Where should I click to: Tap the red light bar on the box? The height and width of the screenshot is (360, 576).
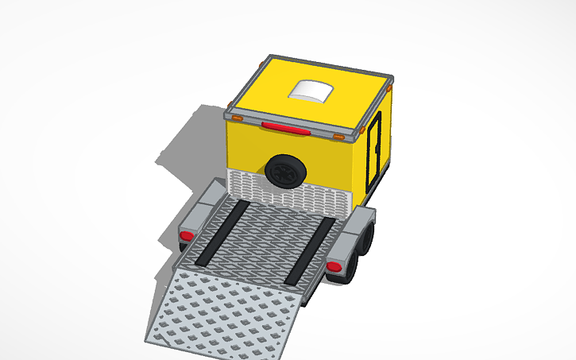[x=285, y=127]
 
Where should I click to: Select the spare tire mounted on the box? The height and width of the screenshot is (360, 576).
[x=284, y=170]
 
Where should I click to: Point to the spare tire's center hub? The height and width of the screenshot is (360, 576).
[x=284, y=170]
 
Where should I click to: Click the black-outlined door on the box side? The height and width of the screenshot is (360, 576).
[x=373, y=155]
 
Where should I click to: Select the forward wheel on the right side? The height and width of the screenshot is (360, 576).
[x=368, y=238]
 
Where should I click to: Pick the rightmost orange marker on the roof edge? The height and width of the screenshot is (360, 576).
[x=389, y=88]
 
